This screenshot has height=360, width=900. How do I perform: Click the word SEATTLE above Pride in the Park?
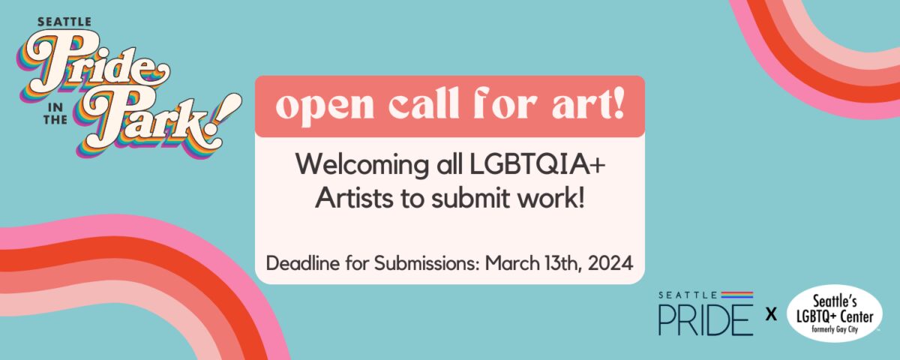[64, 22]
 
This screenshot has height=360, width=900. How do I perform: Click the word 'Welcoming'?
[362, 166]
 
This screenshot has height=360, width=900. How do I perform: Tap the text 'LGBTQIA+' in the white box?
[537, 165]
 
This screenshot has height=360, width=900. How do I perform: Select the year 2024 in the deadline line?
[610, 263]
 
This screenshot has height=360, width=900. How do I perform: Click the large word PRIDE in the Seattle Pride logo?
[706, 319]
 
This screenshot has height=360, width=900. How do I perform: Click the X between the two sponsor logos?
[771, 314]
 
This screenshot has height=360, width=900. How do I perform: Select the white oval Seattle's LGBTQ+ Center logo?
[834, 313]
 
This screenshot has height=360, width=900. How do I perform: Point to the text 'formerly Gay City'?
[835, 329]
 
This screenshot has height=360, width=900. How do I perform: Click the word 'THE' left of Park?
[55, 119]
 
